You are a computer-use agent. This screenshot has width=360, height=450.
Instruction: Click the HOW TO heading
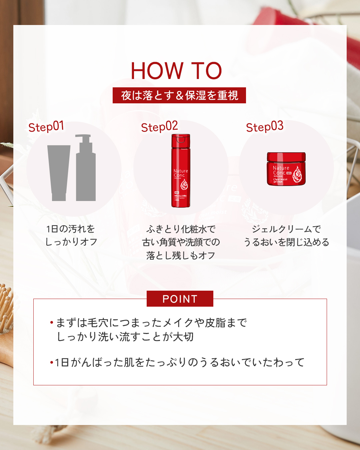tap(176, 71)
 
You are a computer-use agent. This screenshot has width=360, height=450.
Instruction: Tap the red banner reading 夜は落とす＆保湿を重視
tap(179, 95)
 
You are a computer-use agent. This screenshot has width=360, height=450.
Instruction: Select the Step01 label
tap(46, 127)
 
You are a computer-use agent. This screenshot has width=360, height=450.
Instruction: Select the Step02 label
tap(159, 127)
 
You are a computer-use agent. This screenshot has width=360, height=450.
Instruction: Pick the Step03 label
tap(265, 127)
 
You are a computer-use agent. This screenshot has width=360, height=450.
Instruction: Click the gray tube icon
tap(59, 173)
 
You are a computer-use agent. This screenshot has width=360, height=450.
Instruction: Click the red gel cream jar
tap(286, 169)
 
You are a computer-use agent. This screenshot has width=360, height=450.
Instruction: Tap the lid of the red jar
tap(286, 156)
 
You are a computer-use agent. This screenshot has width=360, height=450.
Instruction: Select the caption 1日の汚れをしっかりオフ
tap(71, 235)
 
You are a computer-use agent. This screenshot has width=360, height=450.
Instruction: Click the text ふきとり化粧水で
tap(181, 229)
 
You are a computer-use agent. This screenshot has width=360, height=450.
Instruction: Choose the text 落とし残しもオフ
tap(181, 255)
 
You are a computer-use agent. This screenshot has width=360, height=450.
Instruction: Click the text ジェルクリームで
tap(286, 229)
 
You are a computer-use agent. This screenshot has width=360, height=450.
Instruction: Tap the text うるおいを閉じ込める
tap(286, 242)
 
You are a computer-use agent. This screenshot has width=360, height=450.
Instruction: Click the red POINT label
tap(180, 299)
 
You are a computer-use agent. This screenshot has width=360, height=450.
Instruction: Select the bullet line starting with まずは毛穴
tap(151, 323)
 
